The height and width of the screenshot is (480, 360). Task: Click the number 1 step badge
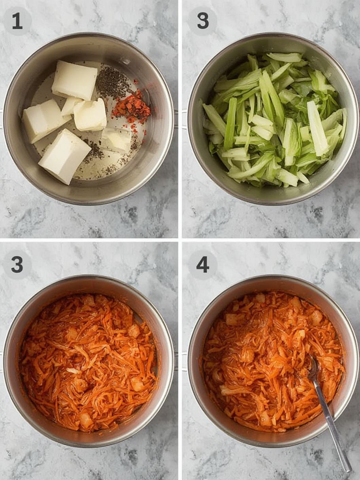pos(17,21)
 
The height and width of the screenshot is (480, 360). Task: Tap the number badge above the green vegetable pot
pos(203,21)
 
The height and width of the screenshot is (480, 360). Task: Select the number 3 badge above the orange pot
pos(17,264)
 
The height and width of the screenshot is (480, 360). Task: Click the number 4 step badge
pos(203,264)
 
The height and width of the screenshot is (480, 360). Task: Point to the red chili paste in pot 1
pos(131,106)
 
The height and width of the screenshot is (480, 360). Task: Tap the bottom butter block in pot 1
pos(65,156)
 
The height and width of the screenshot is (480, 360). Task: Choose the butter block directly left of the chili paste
pos(90,114)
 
